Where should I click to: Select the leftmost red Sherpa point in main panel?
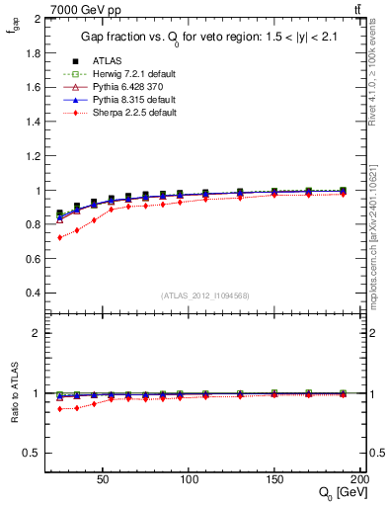(x=59, y=237)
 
